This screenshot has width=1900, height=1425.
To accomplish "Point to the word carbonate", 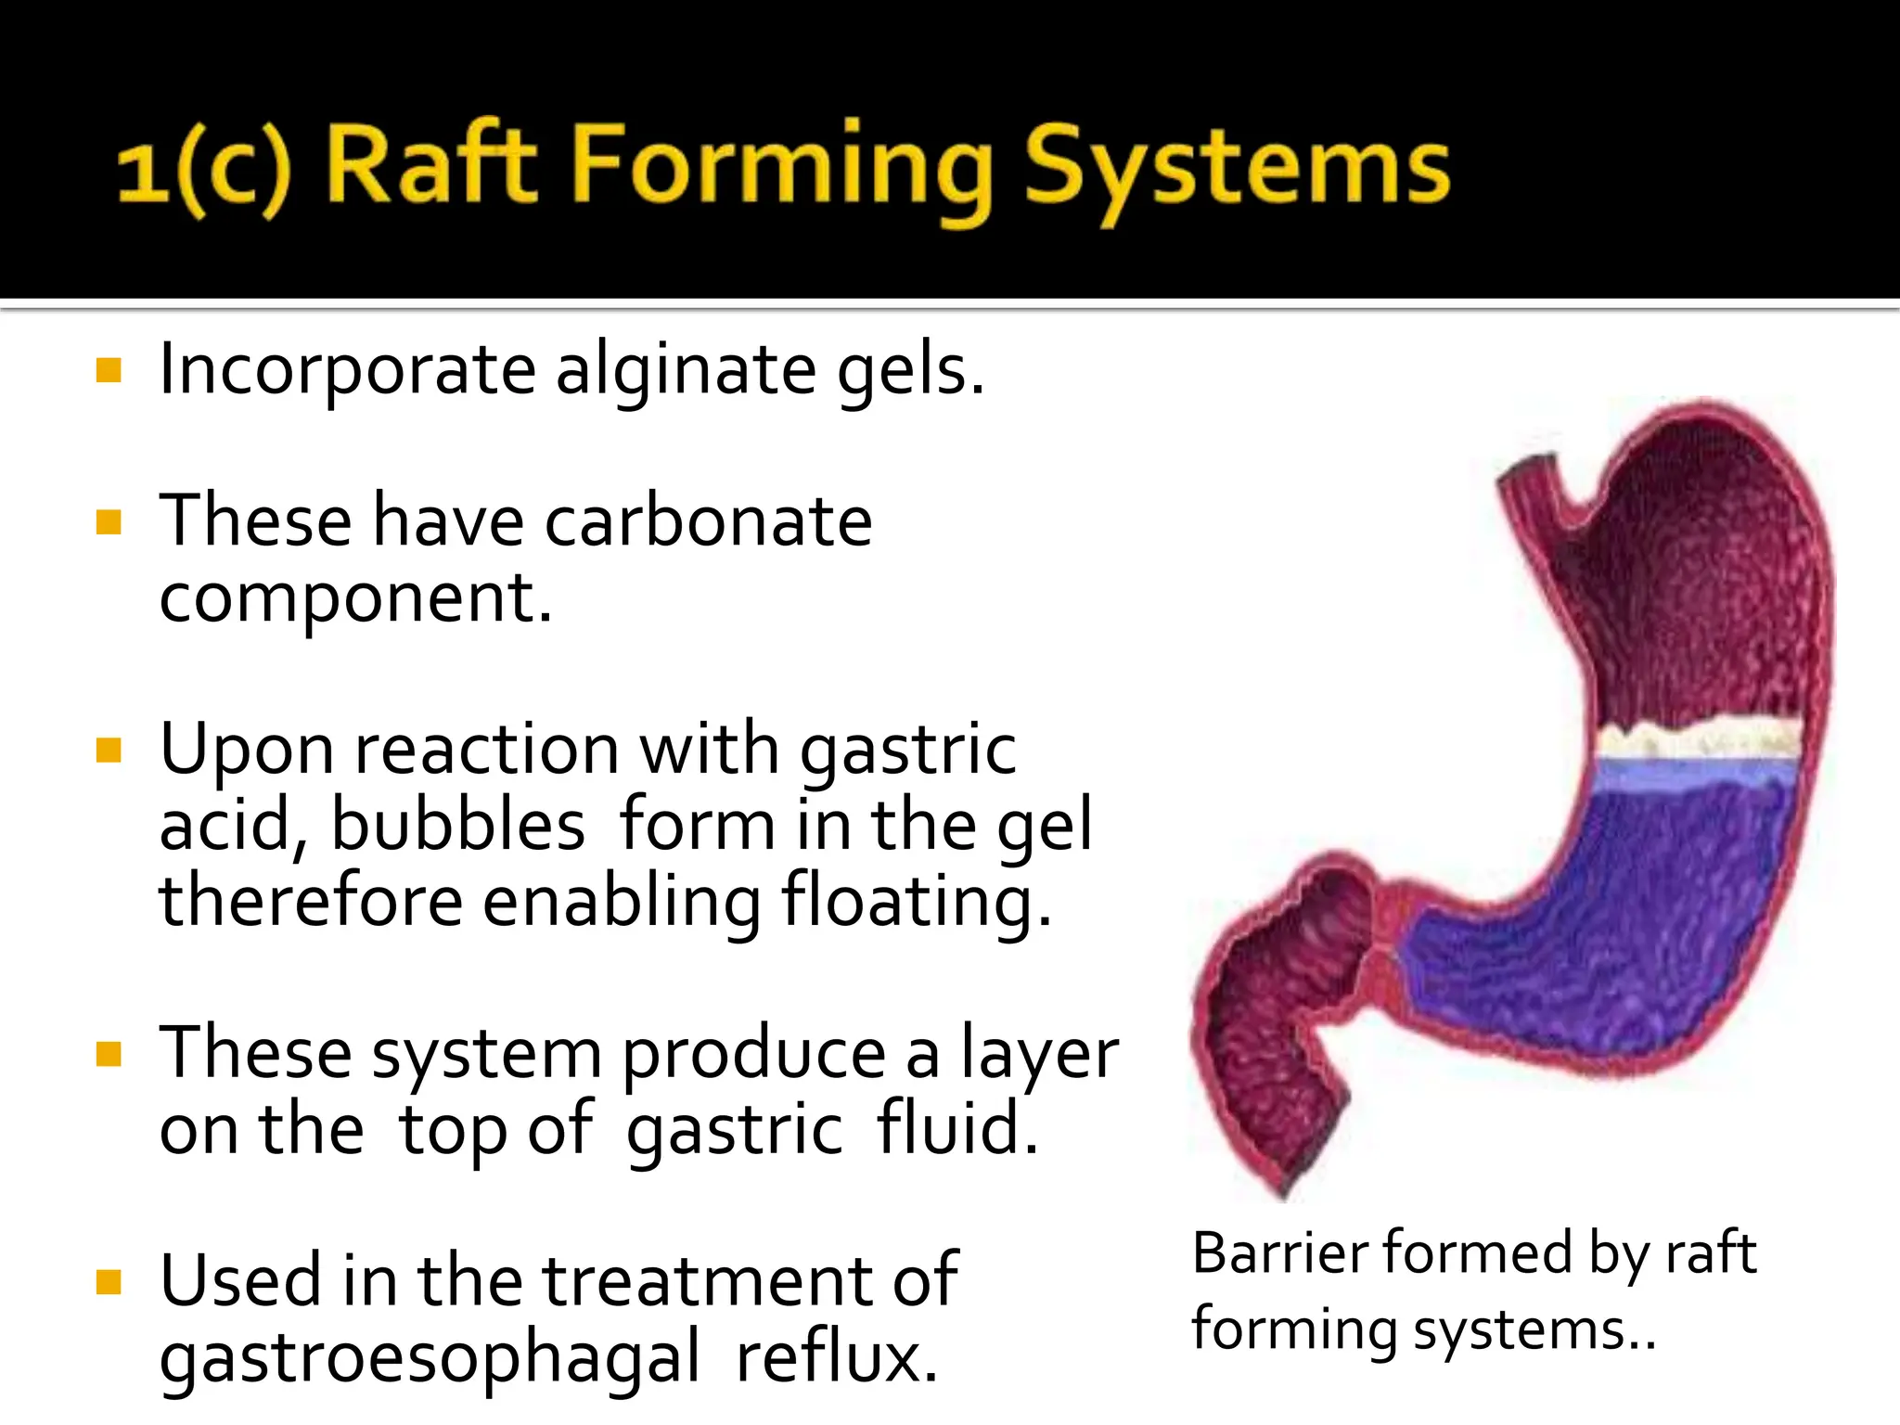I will (x=708, y=521).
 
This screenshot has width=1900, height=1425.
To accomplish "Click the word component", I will (x=355, y=598).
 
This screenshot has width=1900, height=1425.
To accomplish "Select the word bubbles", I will (x=458, y=824).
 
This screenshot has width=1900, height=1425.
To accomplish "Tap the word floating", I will (x=917, y=902).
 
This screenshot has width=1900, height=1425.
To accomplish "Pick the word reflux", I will (x=837, y=1357).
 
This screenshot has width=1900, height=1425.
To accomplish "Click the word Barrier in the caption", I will (x=1279, y=1253).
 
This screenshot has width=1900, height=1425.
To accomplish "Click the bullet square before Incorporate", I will (x=109, y=371).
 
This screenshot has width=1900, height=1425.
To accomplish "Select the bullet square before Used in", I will (x=109, y=1282).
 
